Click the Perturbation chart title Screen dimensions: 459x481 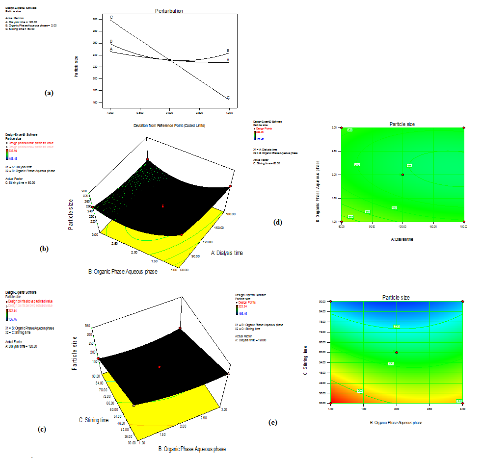tap(169, 10)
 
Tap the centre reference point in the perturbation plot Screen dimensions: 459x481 tap(170, 60)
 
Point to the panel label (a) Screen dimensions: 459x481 tap(49, 92)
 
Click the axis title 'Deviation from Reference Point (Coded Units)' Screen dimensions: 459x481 tap(169, 125)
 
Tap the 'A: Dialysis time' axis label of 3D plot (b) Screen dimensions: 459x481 tap(226, 253)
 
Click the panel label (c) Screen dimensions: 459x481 tap(42, 429)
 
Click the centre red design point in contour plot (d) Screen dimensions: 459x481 tap(402, 175)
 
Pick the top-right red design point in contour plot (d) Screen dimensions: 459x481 tap(464, 128)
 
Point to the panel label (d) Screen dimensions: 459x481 tap(278, 222)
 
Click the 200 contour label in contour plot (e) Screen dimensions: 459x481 tap(397, 326)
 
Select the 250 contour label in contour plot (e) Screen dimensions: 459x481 tap(391, 363)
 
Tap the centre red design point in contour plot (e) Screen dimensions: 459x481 tap(397, 353)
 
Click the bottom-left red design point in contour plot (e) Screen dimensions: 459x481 tap(331, 404)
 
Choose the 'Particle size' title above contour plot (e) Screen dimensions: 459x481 tap(396, 297)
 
